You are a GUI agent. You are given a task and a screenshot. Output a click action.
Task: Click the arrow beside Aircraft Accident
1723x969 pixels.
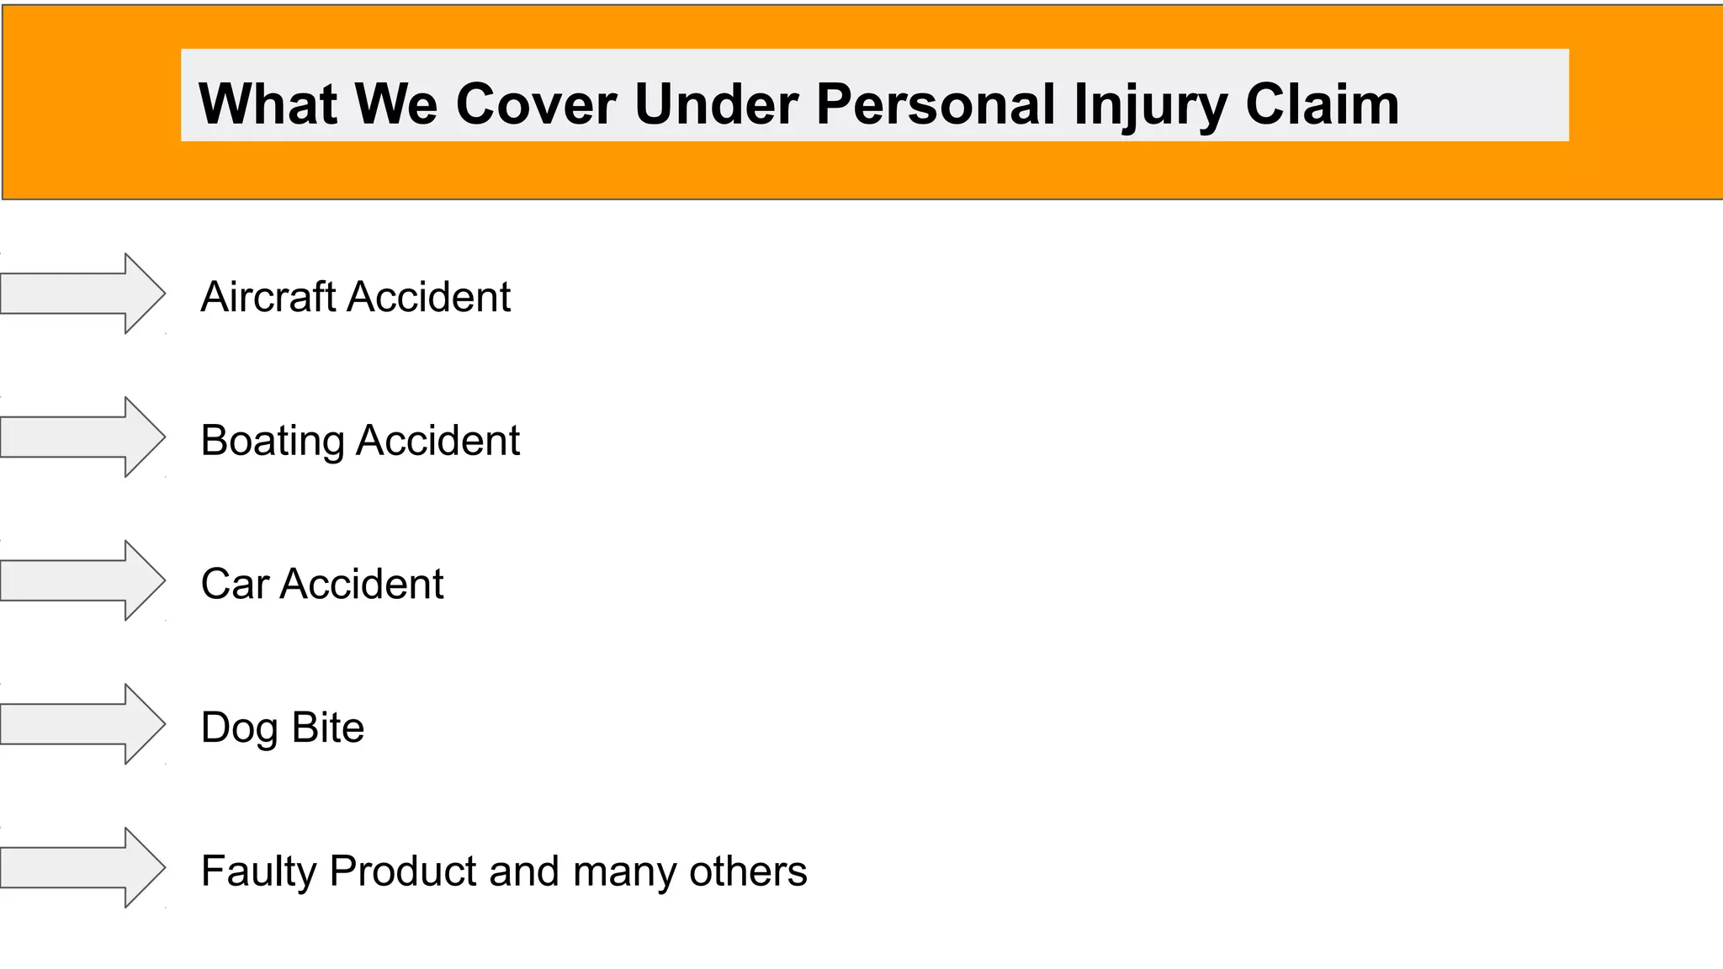click(82, 294)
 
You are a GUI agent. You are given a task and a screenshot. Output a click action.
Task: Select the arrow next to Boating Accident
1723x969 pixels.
click(82, 437)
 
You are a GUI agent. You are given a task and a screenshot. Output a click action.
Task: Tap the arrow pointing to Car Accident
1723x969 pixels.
click(82, 581)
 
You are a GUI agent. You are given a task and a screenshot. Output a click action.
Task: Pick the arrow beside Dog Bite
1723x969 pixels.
click(82, 724)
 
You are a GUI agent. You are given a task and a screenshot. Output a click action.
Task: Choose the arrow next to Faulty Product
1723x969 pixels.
click(82, 868)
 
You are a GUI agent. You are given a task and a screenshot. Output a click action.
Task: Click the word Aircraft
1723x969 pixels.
click(268, 297)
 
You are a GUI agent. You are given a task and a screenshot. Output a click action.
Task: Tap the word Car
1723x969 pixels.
click(235, 584)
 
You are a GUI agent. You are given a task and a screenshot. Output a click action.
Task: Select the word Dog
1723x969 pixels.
click(239, 728)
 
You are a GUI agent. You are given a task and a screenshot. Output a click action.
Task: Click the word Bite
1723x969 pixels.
click(328, 728)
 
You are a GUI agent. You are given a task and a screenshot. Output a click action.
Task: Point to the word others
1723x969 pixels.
click(748, 871)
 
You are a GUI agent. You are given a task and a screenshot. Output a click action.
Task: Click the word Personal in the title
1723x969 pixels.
click(935, 104)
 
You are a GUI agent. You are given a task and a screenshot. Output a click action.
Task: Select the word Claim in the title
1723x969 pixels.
click(1323, 104)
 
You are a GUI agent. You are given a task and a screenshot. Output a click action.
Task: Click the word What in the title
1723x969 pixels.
click(268, 104)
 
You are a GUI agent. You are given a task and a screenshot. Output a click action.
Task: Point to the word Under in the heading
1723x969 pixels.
click(716, 104)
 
